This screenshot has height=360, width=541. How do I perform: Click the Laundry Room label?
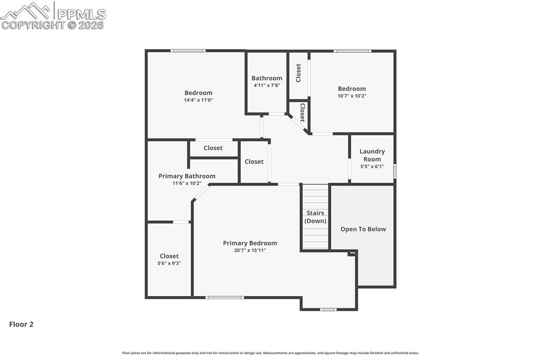pos(372,155)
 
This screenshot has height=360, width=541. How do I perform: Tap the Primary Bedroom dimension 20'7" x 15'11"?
pos(250,250)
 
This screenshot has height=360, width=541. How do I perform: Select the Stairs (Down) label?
pos(315,217)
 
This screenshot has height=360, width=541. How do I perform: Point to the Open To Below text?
pos(363,229)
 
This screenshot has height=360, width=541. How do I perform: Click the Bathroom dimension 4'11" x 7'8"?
pos(267,86)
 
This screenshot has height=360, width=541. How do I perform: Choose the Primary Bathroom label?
pos(187,176)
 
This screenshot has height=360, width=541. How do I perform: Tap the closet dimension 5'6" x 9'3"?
pos(169,263)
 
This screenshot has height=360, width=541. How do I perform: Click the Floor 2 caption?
pos(21,325)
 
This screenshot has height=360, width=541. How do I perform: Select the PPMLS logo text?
pos(81,14)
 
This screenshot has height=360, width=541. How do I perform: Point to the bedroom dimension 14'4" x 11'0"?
pos(198,100)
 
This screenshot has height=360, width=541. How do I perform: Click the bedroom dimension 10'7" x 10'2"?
pos(352,96)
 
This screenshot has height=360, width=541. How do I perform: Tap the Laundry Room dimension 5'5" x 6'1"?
pos(372,166)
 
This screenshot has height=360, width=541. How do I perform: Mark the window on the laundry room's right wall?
pos(395,171)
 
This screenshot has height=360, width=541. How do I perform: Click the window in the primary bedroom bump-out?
pos(329,309)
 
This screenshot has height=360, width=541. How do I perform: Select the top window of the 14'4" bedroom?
pos(188,51)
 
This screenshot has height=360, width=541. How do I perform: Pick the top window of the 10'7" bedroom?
pos(352,51)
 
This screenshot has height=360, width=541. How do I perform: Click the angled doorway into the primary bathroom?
pos(201,192)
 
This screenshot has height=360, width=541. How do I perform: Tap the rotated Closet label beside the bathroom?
pos(299,73)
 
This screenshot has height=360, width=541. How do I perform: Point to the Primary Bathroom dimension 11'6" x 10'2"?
pos(187,184)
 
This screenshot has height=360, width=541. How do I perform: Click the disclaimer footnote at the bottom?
pos(270,353)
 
